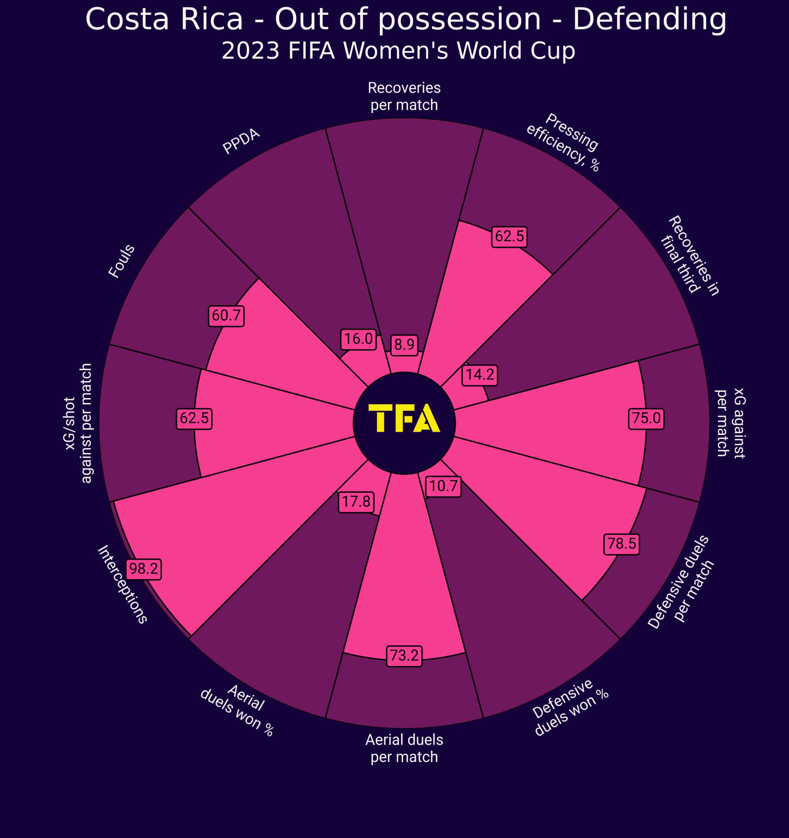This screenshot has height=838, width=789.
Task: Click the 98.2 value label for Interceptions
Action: (x=143, y=569)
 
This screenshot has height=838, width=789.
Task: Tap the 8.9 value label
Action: (x=404, y=344)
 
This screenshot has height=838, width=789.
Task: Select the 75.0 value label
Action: (x=646, y=418)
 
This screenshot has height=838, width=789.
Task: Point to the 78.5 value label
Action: (x=621, y=544)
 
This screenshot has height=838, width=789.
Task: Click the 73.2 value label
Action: (x=404, y=655)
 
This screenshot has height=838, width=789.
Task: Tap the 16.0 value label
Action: (x=358, y=338)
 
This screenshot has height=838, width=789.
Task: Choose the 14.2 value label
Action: (x=479, y=374)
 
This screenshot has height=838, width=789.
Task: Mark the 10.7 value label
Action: (x=443, y=486)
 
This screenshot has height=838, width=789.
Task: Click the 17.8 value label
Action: (x=356, y=501)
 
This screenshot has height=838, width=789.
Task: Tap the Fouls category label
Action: (x=122, y=261)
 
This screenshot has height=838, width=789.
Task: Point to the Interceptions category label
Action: (x=122, y=584)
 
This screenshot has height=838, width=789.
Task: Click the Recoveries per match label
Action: (x=404, y=96)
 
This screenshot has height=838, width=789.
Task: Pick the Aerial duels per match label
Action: (x=404, y=748)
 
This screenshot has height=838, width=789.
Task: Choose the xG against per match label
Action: (x=730, y=423)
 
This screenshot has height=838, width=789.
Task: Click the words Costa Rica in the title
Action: (x=164, y=19)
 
